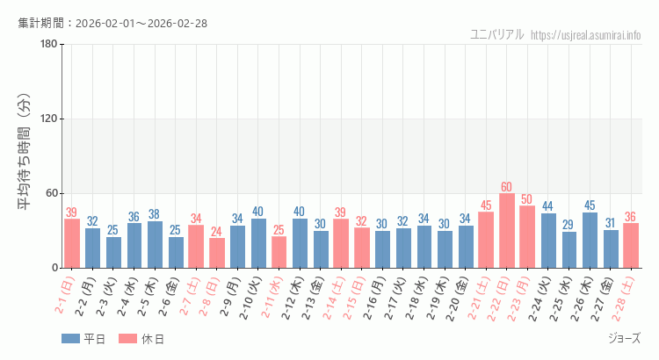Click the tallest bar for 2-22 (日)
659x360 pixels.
pyautogui.click(x=507, y=231)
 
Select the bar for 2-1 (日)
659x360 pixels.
pyautogui.click(x=72, y=243)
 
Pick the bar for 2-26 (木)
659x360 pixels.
pyautogui.click(x=590, y=240)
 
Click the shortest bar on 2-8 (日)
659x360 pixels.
pyautogui.click(x=217, y=253)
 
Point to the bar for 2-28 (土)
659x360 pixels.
pyautogui.click(x=631, y=245)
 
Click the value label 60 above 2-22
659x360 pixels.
pyautogui.click(x=507, y=187)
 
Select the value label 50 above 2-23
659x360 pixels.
pyautogui.click(x=527, y=199)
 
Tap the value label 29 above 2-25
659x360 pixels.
pyautogui.click(x=568, y=226)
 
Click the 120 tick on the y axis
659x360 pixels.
pyautogui.click(x=47, y=119)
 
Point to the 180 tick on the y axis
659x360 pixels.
pyautogui.click(x=47, y=45)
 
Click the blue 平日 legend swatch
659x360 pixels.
pyautogui.click(x=70, y=339)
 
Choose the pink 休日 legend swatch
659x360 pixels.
pyautogui.click(x=127, y=339)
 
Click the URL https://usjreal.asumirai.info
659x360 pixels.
pyautogui.click(x=586, y=35)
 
